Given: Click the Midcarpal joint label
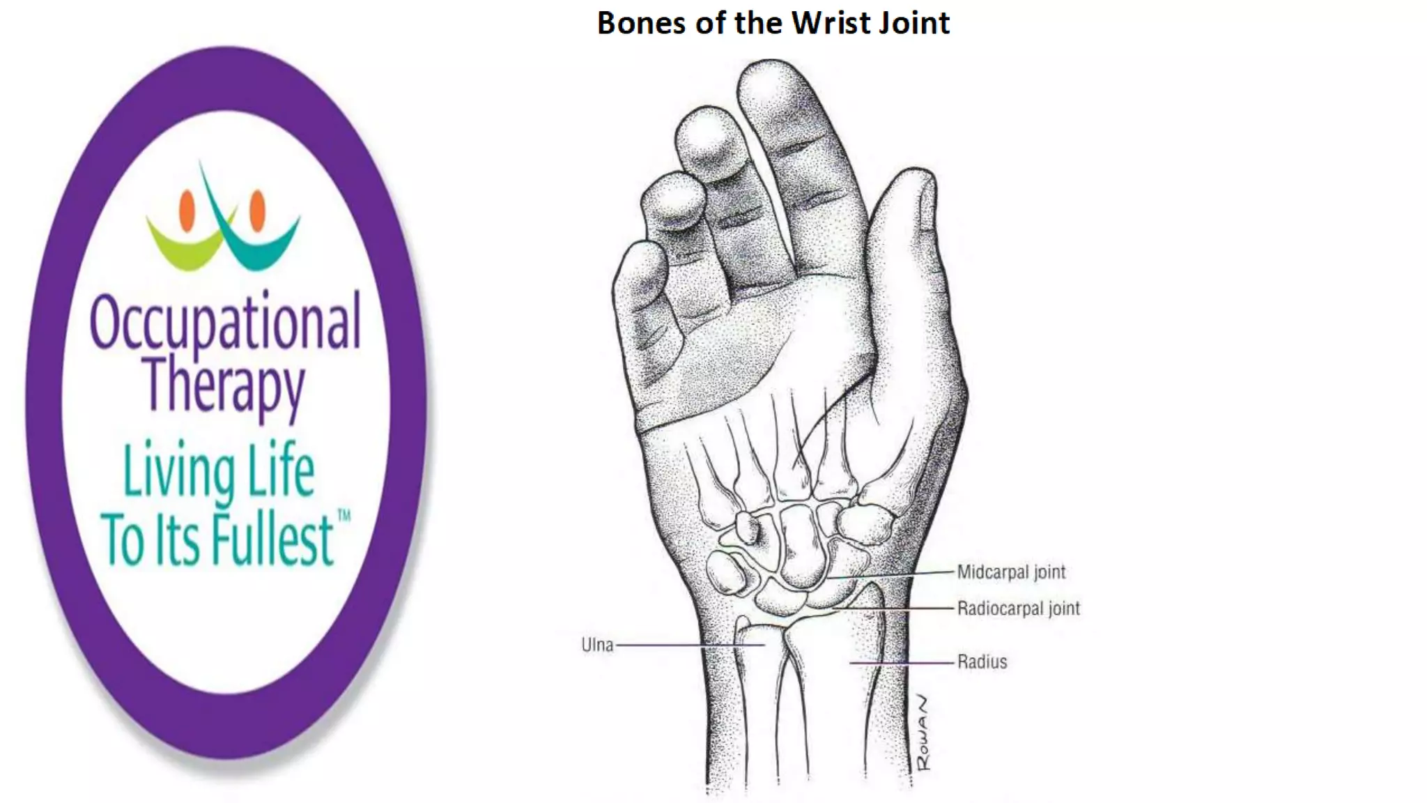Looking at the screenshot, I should pos(1011,572).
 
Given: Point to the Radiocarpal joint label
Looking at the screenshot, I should pos(1018,609).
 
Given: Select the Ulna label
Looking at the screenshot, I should pos(597,645).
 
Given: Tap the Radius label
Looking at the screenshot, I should pos(982,661).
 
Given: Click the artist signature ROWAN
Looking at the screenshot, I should pos(923,733).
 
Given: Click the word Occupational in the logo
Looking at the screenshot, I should pos(225,322).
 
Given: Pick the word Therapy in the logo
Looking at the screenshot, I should pos(224,385).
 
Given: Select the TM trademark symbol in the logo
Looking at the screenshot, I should pos(344,516).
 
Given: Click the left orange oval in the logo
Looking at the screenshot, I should pos(187,210).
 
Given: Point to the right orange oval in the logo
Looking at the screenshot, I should pos(257,210).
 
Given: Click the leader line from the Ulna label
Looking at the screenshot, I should pos(690,645).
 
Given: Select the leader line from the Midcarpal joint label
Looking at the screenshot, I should pos(892,575).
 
